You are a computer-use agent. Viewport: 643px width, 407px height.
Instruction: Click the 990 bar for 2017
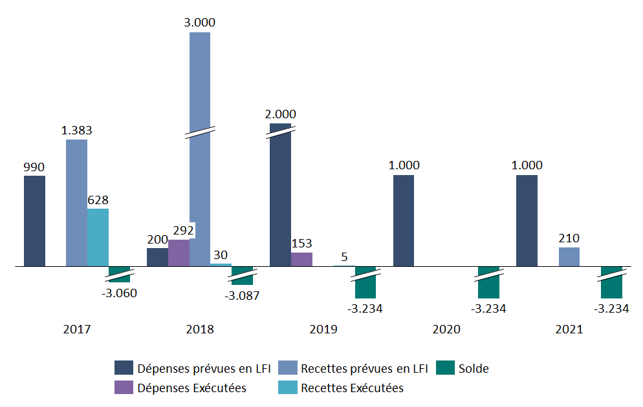tap(34, 221)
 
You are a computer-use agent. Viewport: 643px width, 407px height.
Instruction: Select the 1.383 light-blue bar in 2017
tap(76, 203)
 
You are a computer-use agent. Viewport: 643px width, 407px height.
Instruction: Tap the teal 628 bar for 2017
tap(98, 237)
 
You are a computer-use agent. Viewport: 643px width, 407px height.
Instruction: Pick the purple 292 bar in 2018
tap(179, 253)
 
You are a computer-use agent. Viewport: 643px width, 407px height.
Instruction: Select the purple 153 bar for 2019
tap(301, 259)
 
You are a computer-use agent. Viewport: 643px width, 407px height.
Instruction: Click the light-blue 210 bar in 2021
tap(569, 256)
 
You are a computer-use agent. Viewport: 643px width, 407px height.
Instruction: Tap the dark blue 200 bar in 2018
tap(157, 257)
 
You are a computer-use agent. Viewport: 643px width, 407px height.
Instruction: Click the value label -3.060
tap(120, 293)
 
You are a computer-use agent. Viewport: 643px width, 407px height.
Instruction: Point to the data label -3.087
tap(243, 295)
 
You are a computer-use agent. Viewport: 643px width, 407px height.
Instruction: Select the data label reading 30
tap(221, 255)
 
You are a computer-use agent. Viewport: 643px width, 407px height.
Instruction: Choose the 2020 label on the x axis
tap(446, 329)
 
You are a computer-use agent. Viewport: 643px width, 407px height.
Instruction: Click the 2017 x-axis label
tap(77, 329)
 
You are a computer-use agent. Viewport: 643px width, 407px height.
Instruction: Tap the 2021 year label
tap(569, 329)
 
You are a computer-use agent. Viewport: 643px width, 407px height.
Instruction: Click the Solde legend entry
tap(463, 369)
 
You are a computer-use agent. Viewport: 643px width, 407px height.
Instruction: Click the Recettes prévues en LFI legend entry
tap(353, 369)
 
